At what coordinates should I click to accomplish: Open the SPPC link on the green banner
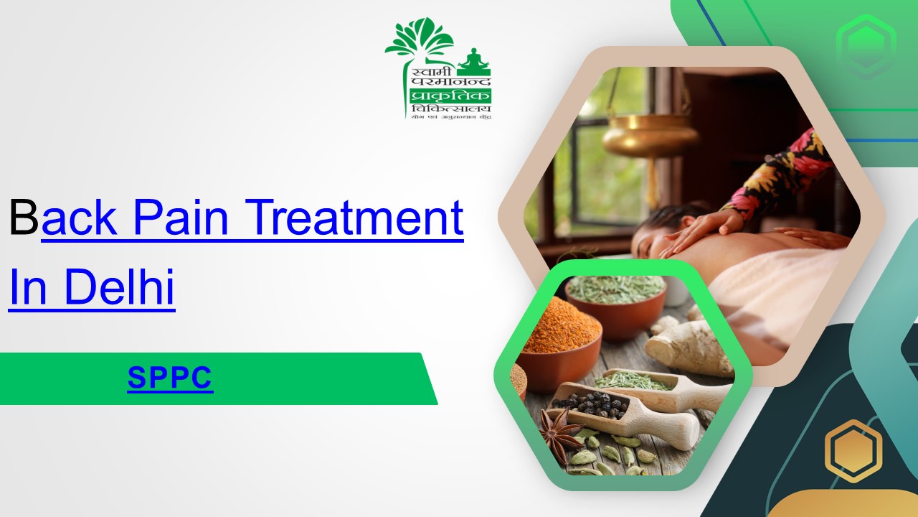coord(170,377)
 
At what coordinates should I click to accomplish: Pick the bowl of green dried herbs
coord(615,294)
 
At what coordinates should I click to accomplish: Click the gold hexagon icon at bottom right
coord(853,451)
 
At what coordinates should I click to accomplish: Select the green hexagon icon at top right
coord(866,46)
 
